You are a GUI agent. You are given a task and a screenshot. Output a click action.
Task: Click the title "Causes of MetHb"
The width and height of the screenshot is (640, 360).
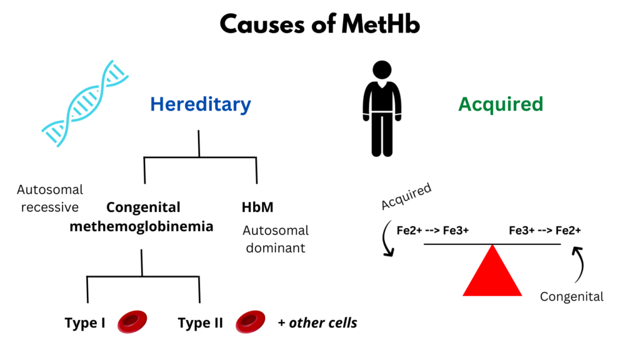tap(319, 24)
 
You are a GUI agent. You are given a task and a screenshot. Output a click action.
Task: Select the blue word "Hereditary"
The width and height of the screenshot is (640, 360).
tap(200, 104)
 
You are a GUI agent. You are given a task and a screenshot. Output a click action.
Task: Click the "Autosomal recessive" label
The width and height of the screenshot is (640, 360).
tap(50, 198)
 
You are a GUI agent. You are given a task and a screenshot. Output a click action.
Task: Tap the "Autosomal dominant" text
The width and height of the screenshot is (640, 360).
tap(276, 239)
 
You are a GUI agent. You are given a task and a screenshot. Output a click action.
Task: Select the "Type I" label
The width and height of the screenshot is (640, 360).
tap(84, 323)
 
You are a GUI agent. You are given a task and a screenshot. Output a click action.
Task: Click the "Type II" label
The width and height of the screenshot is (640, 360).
tap(200, 323)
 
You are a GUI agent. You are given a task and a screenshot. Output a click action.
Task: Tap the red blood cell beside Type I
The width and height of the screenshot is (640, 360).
tap(132, 321)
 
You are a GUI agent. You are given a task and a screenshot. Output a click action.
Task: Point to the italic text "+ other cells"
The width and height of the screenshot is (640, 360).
tap(317, 322)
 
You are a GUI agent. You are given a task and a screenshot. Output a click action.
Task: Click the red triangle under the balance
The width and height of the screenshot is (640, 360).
tap(492, 274)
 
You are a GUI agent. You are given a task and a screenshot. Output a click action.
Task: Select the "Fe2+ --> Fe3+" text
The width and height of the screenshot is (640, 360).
tap(432, 231)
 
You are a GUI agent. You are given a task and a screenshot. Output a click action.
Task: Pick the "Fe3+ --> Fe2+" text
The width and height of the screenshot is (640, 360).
tap(545, 231)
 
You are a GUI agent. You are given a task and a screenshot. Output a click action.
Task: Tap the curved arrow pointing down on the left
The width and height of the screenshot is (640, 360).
tap(386, 241)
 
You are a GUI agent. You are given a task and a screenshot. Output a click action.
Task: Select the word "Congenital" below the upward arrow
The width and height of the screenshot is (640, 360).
tap(572, 296)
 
